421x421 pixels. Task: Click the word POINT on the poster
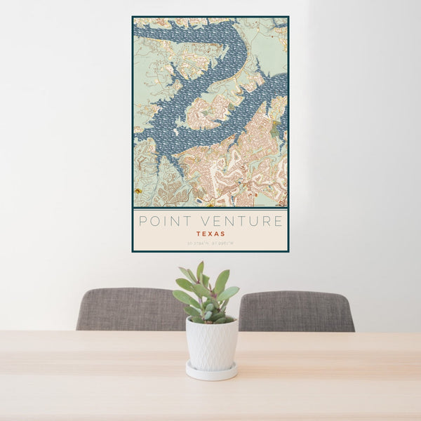[x=161, y=222]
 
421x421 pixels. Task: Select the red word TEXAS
[x=210, y=234]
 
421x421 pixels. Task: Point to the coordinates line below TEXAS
[x=210, y=243]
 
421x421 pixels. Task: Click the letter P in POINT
[x=142, y=222]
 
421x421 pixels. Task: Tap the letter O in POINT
[x=154, y=222]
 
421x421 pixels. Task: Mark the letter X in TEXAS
[x=210, y=234]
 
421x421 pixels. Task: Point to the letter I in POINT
[x=163, y=222]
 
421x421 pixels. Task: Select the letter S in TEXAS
[x=223, y=234]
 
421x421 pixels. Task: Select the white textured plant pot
[x=211, y=344]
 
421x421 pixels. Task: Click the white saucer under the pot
[x=211, y=372]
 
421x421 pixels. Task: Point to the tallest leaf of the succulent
[x=200, y=270]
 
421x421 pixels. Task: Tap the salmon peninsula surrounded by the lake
[x=208, y=112]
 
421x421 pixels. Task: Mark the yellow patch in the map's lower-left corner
[x=139, y=190]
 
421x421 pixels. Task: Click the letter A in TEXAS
[x=217, y=234]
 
